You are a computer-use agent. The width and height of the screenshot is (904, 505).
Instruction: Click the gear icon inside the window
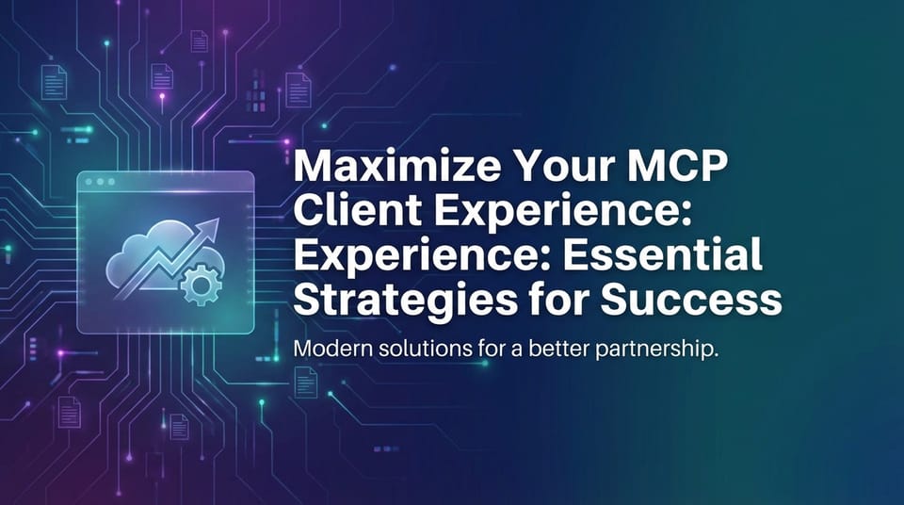coord(198,283)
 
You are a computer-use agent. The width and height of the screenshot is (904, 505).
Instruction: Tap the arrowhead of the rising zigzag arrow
coord(212,226)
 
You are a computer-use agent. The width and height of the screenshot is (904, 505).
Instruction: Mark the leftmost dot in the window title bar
coord(89,181)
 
